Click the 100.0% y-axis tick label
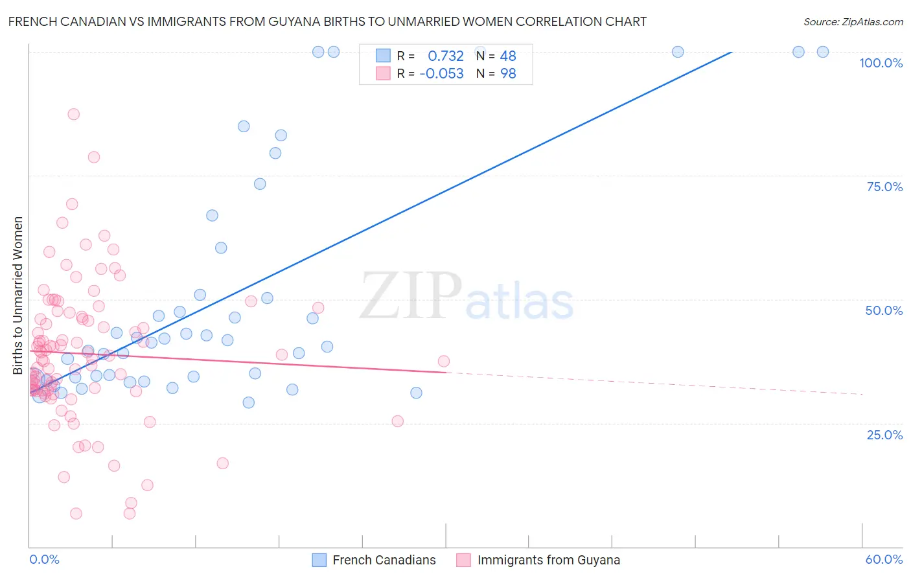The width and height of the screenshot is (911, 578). [881, 63]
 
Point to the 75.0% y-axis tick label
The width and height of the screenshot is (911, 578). [884, 187]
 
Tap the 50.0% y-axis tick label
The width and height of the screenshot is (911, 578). [884, 310]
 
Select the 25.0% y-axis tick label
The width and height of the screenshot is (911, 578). [884, 435]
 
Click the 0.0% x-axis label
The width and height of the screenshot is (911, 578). [44, 559]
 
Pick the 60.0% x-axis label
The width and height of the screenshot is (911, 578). [884, 559]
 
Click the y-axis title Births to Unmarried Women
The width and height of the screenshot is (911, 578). [17, 295]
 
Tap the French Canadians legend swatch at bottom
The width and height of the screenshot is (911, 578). [319, 560]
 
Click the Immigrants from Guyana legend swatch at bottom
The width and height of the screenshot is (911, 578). [463, 560]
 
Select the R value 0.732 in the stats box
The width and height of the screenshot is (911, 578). [446, 56]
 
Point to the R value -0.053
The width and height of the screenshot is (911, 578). [441, 74]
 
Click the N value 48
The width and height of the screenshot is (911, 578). [508, 56]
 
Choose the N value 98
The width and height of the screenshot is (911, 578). [508, 74]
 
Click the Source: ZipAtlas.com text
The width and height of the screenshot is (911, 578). [853, 22]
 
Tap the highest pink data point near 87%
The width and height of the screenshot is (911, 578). [73, 114]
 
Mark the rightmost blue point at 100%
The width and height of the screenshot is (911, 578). [822, 52]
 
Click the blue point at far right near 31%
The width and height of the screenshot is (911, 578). [416, 393]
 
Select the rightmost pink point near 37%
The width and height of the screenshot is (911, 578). [444, 361]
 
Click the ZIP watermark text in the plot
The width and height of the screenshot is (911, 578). [411, 295]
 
